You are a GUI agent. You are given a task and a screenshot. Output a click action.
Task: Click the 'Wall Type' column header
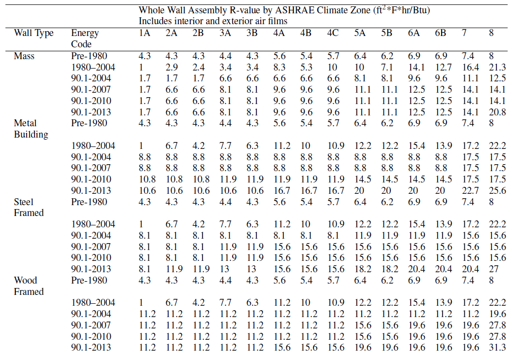pyautogui.click(x=34, y=33)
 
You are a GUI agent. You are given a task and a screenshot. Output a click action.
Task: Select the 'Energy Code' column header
pyautogui.click(x=85, y=38)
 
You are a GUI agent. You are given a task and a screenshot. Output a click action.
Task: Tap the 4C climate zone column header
pyautogui.click(x=333, y=33)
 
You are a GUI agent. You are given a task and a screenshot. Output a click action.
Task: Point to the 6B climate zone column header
pyautogui.click(x=440, y=33)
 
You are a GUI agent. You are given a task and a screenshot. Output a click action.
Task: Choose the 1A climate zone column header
pyautogui.click(x=144, y=33)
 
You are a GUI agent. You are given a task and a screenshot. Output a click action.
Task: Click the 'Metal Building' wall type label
pyautogui.click(x=31, y=129)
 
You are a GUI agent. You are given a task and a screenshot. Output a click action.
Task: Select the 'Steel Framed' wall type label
pyautogui.click(x=29, y=207)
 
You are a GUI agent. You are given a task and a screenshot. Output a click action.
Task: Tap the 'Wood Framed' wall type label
pyautogui.click(x=29, y=286)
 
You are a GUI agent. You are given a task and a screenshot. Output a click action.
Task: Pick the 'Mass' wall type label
pyautogui.click(x=24, y=56)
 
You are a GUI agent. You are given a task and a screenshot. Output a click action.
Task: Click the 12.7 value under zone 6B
pyautogui.click(x=442, y=67)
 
